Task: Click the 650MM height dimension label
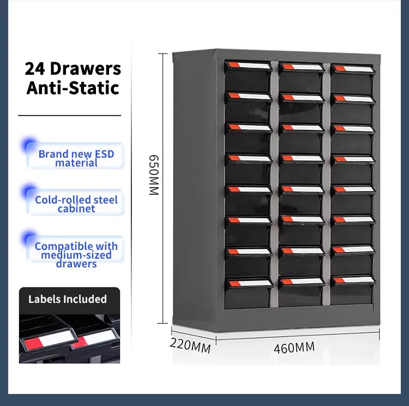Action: (154, 175)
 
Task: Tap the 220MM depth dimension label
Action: (190, 345)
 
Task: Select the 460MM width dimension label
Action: (294, 348)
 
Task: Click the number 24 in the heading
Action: (35, 69)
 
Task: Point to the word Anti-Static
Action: (73, 88)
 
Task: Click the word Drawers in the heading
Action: (85, 69)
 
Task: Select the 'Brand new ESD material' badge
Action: (75, 156)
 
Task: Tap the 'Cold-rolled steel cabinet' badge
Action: (75, 202)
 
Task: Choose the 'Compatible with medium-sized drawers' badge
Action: (75, 250)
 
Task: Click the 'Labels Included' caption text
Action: (68, 299)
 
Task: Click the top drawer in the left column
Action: (248, 77)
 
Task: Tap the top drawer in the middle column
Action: (301, 77)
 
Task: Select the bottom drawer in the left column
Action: (249, 294)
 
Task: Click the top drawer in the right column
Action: (353, 79)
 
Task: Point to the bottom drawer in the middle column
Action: (301, 291)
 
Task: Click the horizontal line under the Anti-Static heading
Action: (69, 115)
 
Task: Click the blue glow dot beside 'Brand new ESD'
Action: (29, 145)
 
